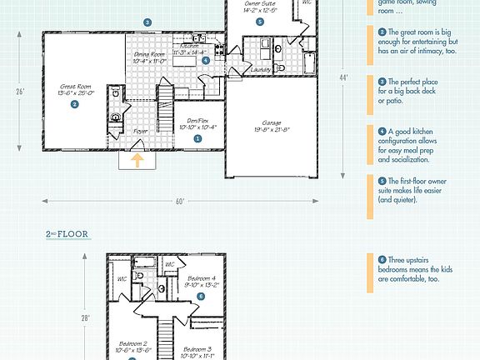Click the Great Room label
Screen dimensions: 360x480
[x=74, y=89]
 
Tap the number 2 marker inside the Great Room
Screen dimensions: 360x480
[x=74, y=104]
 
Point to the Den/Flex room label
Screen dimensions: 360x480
[x=197, y=123]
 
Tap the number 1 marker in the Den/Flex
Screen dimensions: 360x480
[x=197, y=139]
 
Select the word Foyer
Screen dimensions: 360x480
[x=142, y=131]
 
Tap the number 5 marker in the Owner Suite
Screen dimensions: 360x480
[x=261, y=22]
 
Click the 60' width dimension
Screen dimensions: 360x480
[x=180, y=202]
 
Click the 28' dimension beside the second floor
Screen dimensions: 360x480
[x=84, y=317]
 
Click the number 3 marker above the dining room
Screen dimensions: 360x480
[x=147, y=22]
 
